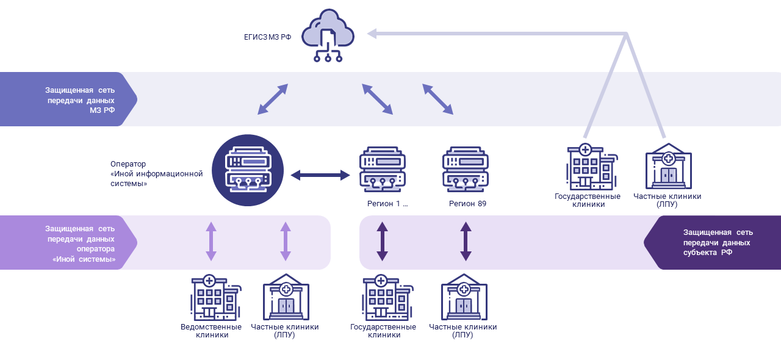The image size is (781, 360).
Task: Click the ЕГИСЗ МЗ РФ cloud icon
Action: point(328,35)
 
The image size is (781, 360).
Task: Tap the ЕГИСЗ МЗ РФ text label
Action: point(267,37)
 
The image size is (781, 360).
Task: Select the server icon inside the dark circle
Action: point(248,170)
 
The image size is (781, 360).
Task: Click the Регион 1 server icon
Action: point(383,170)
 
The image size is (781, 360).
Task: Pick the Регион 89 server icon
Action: point(466,170)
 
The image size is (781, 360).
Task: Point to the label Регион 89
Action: point(467,203)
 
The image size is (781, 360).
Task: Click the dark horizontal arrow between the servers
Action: point(320,175)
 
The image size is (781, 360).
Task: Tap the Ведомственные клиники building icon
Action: point(216,298)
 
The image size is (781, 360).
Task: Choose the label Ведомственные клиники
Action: point(211,331)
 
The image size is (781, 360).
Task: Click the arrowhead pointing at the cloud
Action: point(372,34)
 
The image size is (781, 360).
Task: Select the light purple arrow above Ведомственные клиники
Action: point(211,242)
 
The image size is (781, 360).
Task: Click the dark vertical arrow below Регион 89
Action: point(466,242)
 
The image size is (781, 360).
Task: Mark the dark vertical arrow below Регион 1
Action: point(382,242)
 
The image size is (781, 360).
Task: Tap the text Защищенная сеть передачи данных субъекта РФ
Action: point(718,242)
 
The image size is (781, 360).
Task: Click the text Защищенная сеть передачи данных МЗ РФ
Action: point(80,100)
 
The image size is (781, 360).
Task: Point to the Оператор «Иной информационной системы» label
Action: point(157,173)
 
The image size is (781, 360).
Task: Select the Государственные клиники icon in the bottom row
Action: point(387,298)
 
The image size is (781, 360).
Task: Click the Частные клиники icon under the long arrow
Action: point(668,166)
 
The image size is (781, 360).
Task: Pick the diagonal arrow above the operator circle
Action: point(273,99)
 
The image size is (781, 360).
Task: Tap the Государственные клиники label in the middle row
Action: point(588,200)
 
